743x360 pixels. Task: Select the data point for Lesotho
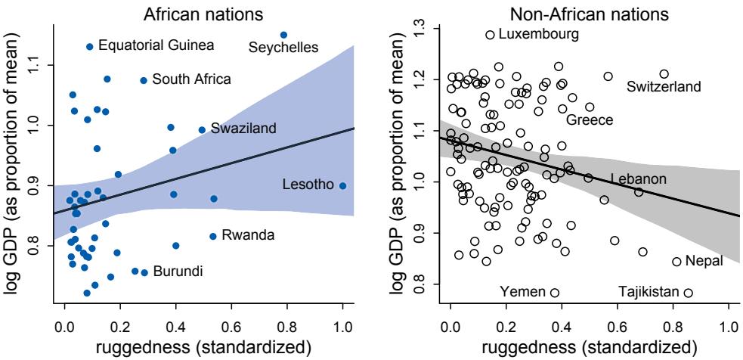coord(342,185)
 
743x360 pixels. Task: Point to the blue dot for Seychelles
coord(283,35)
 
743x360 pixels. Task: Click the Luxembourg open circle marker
coord(490,35)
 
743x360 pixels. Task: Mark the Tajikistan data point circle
coord(689,293)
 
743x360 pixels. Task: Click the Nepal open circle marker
coord(676,262)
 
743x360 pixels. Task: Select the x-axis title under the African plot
coord(203,347)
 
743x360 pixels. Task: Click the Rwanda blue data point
coord(213,236)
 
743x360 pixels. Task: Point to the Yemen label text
coord(522,292)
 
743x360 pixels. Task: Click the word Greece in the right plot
coord(589,120)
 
